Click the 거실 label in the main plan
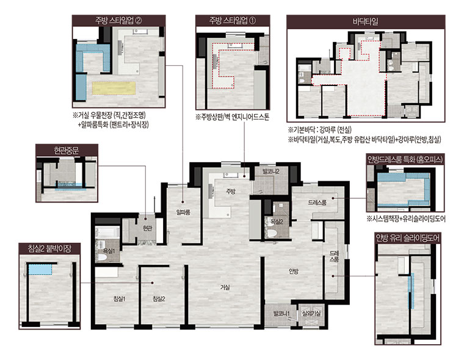[225, 287]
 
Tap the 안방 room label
[294, 271]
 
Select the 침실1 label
[119, 299]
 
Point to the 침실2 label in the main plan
[159, 299]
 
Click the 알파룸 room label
[183, 212]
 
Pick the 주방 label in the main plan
[231, 191]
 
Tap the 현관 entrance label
[147, 228]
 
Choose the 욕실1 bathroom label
[109, 251]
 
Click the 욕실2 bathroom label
[277, 221]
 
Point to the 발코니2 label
[271, 171]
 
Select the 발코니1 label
[281, 314]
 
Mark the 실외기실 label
[311, 314]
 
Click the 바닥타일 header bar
[366, 21]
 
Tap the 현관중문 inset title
[67, 150]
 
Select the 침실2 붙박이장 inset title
[49, 248]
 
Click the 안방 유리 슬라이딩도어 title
[408, 238]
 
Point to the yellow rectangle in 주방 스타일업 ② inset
[114, 88]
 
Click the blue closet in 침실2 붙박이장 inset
[40, 269]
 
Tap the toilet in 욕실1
[101, 257]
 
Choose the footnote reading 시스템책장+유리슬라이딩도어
[406, 219]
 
